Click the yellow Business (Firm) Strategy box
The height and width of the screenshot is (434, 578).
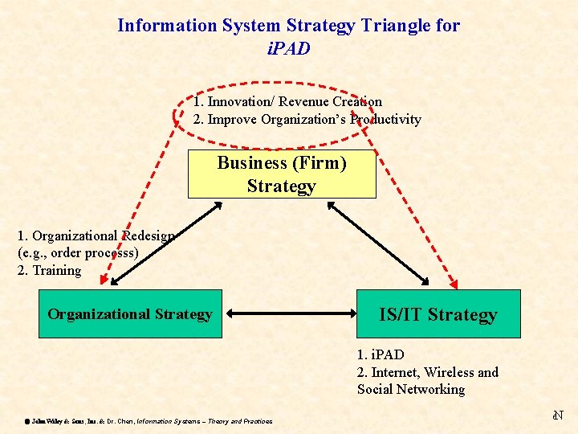282,174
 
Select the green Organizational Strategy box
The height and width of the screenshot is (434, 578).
129,313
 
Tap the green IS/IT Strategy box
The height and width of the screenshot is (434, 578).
438,314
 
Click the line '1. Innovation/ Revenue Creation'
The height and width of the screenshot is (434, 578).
287,102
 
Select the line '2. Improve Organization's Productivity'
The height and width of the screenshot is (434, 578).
307,119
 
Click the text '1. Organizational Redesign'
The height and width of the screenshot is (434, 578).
96,235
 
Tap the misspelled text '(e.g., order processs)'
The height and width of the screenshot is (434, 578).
78,252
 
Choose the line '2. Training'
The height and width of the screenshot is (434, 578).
49,270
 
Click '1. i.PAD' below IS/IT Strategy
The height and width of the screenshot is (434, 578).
381,354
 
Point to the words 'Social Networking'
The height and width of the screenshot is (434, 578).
411,389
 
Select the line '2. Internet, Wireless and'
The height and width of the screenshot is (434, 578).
427,371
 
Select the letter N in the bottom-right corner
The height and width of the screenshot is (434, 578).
559,416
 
